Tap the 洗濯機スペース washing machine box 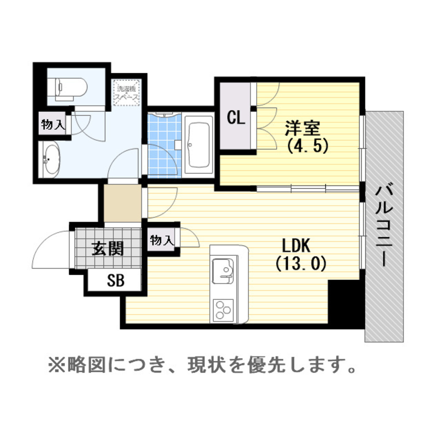127,93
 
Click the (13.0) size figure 301,263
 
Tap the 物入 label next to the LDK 162,240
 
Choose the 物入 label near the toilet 53,125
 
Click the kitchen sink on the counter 223,269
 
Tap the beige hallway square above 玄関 123,204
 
